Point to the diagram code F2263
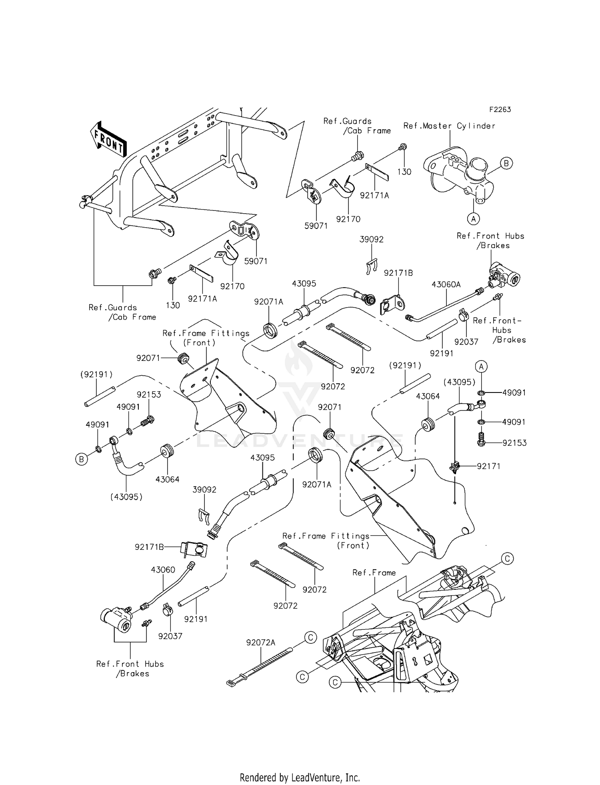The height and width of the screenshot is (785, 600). click(500, 109)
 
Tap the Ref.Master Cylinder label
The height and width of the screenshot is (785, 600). click(449, 126)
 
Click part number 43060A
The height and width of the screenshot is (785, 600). click(446, 284)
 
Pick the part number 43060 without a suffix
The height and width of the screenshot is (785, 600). click(163, 569)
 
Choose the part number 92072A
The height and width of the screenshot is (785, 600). click(261, 643)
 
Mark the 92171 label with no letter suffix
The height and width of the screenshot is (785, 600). click(488, 466)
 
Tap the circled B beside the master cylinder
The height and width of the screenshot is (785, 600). click(506, 163)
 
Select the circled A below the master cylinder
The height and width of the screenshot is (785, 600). click(474, 218)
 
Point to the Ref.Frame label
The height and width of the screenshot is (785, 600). click(374, 573)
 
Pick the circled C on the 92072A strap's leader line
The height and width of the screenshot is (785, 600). click(310, 637)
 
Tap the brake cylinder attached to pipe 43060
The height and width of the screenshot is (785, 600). click(116, 619)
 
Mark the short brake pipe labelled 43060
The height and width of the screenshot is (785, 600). click(168, 588)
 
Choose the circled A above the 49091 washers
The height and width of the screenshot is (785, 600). click(482, 366)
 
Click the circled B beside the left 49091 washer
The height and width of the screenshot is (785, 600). click(81, 459)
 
